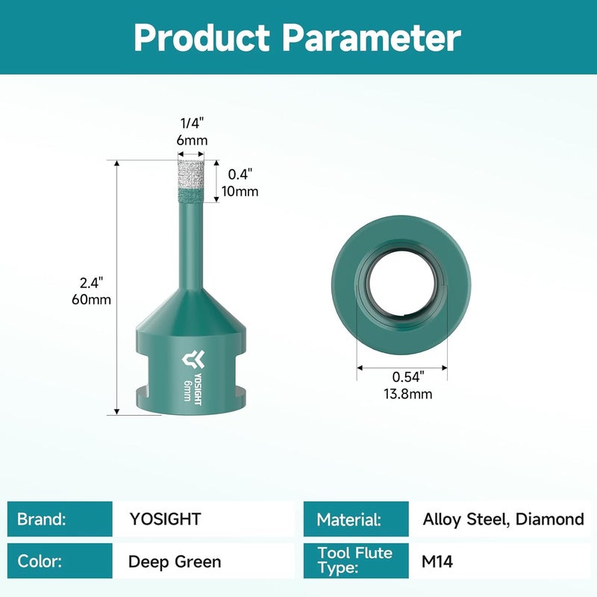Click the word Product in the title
201,37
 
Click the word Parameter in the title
371,37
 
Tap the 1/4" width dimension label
193,123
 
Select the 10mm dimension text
240,191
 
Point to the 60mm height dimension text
91,300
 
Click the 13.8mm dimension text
407,394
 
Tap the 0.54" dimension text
408,377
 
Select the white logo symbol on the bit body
193,360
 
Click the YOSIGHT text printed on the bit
198,389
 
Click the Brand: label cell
60,519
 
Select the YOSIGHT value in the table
165,519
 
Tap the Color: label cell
60,561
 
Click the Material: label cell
356,519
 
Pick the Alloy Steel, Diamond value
503,519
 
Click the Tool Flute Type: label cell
356,561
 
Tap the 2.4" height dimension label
91,283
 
